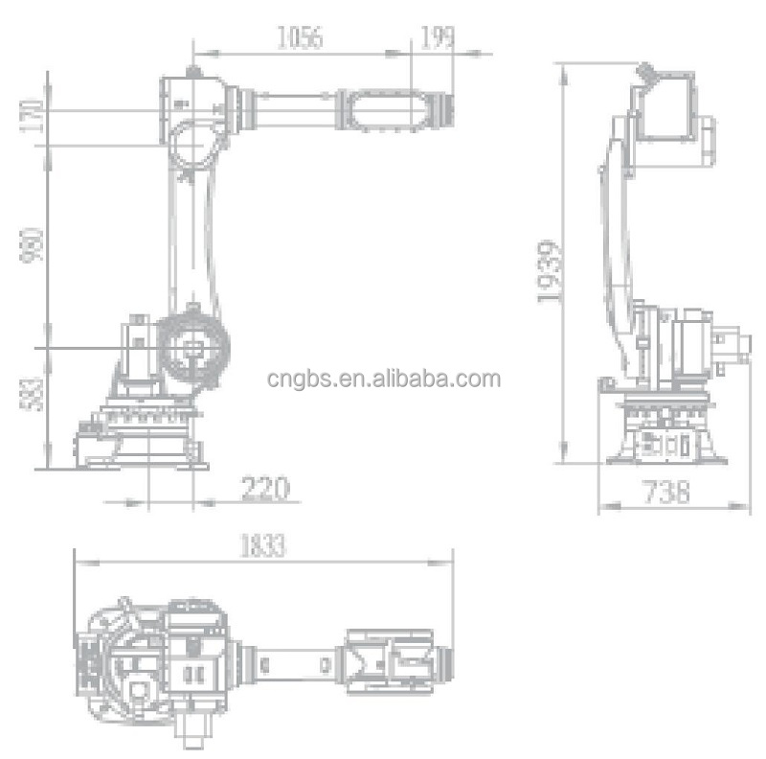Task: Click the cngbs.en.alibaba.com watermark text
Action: click(383, 379)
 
